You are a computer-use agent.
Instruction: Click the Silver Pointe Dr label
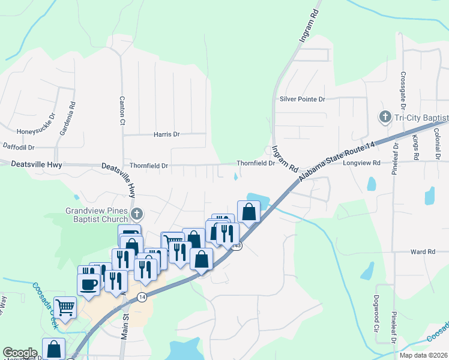302,98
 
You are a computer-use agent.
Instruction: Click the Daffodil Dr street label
19,146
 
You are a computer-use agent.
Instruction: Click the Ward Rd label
423,252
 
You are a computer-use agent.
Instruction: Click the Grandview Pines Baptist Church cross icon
137,212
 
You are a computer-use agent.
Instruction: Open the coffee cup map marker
89,284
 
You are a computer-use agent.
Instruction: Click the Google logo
20,353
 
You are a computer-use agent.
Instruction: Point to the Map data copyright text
423,355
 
